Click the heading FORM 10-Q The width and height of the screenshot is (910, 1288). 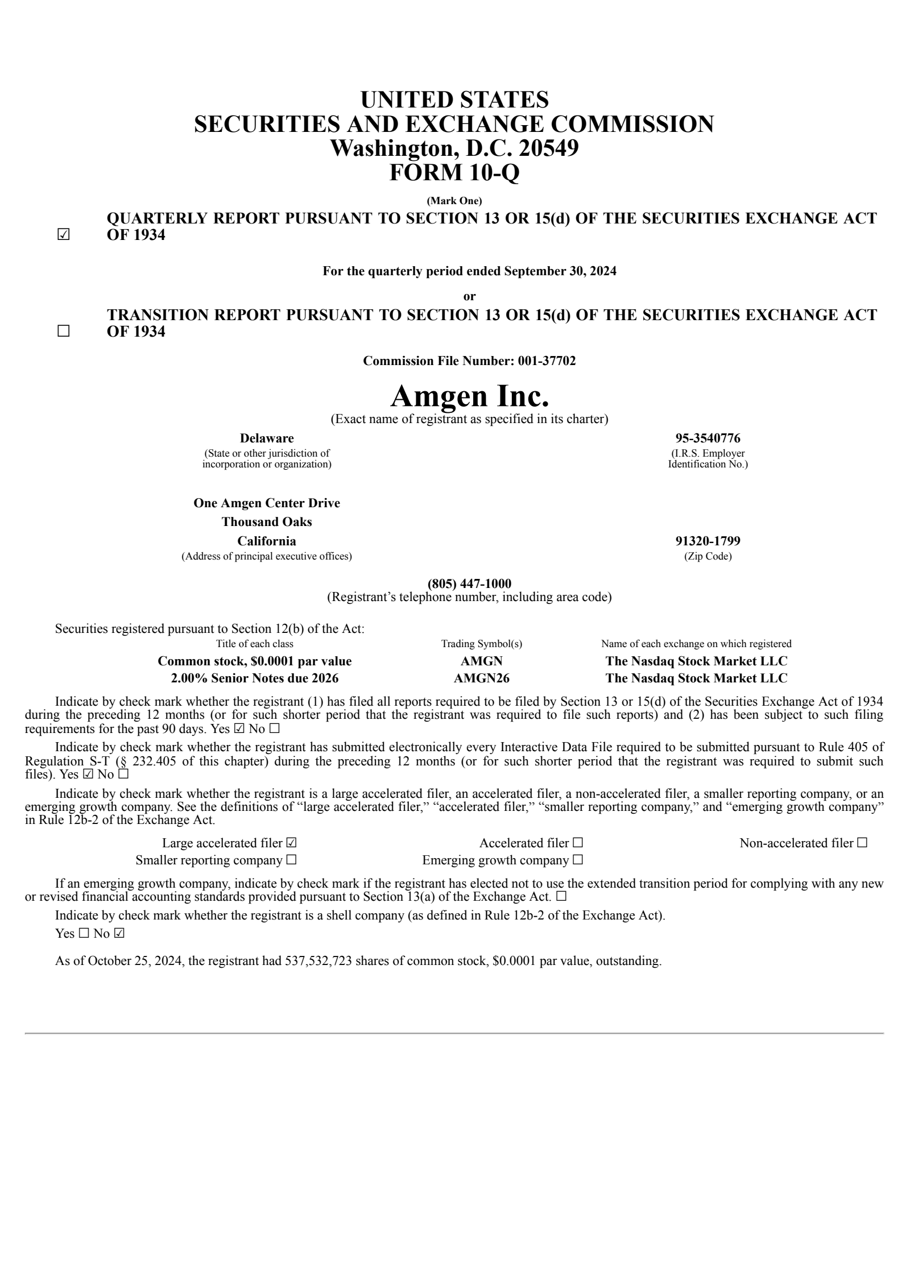click(454, 172)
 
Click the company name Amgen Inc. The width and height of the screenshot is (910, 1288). click(469, 396)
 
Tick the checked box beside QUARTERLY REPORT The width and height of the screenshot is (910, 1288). click(63, 235)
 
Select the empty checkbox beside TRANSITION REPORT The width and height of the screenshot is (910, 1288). click(63, 332)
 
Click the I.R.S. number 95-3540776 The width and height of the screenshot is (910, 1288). click(708, 438)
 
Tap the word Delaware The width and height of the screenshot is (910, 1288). click(267, 438)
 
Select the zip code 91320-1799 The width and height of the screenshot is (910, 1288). click(708, 541)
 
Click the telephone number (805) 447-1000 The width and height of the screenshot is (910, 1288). click(469, 583)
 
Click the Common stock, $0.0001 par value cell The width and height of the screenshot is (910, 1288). click(254, 661)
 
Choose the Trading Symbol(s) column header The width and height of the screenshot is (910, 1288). click(481, 644)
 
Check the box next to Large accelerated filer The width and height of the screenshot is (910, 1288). click(292, 843)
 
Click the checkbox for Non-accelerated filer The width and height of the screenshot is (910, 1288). click(862, 843)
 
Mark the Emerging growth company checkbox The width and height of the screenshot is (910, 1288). click(578, 860)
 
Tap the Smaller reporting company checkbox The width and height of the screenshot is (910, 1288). click(292, 860)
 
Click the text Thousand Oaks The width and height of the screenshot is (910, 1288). click(267, 521)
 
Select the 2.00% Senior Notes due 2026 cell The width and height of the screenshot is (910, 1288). click(254, 678)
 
